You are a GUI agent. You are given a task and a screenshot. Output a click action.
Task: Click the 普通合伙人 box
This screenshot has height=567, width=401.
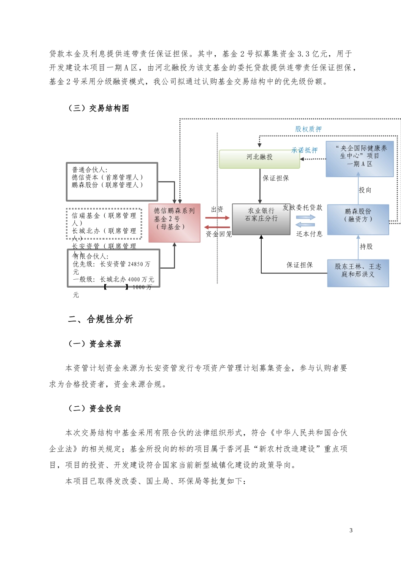pyautogui.click(x=112, y=181)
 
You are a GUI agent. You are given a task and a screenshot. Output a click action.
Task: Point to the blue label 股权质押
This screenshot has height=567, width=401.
pyautogui.click(x=308, y=129)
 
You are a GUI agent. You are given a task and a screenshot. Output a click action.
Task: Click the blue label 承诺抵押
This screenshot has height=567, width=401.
pyautogui.click(x=304, y=150)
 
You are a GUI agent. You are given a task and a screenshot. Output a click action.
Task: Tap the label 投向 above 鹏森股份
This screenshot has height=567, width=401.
pyautogui.click(x=365, y=190)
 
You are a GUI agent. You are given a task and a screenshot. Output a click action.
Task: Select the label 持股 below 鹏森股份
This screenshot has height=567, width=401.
pyautogui.click(x=366, y=246)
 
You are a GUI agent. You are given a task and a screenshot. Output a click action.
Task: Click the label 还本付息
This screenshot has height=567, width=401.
pyautogui.click(x=309, y=234)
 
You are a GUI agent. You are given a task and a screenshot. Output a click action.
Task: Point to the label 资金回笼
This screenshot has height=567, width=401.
pyautogui.click(x=219, y=234)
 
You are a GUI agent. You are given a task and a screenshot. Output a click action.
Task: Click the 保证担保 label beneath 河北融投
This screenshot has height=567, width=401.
pyautogui.click(x=276, y=178)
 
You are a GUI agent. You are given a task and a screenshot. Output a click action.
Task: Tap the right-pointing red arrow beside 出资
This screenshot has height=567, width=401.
pyautogui.click(x=217, y=218)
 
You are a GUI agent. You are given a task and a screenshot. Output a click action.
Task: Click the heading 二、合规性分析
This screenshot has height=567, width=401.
pyautogui.click(x=100, y=319)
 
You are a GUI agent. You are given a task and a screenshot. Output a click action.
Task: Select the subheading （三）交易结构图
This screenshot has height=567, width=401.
pyautogui.click(x=99, y=108)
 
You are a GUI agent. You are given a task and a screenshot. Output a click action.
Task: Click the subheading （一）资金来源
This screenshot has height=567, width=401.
pyautogui.click(x=95, y=344)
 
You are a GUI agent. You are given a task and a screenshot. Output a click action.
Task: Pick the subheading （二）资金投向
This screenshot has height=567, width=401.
pyautogui.click(x=95, y=408)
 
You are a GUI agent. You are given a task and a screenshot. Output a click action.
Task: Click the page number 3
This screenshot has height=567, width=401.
pyautogui.click(x=351, y=530)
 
